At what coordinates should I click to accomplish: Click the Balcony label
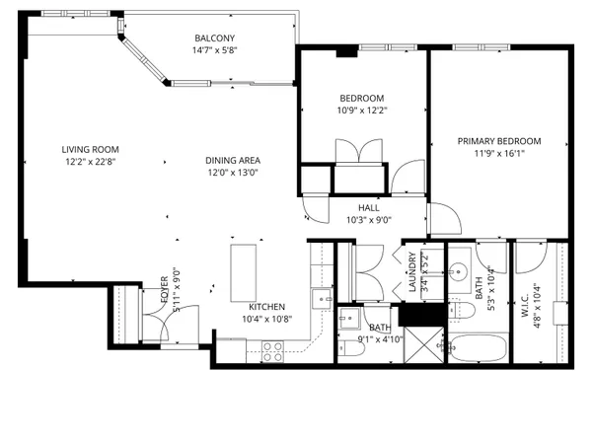click(214, 37)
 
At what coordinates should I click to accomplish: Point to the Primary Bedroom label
click(499, 141)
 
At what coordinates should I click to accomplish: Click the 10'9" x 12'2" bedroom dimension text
click(361, 111)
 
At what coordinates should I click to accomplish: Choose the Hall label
click(369, 208)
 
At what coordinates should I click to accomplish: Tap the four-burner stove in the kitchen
click(271, 347)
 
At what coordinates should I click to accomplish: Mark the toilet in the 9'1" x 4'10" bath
click(347, 320)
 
